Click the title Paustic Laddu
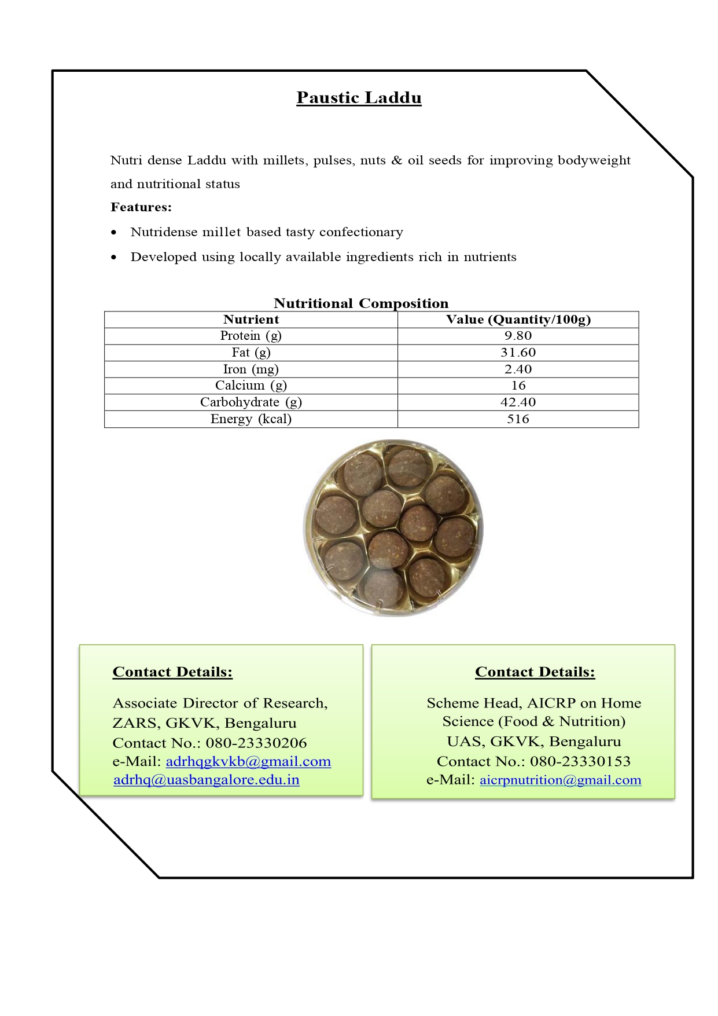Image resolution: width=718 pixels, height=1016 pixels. pos(359,97)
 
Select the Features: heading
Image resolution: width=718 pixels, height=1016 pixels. pos(141,207)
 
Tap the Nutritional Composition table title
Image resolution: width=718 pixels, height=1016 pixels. pos(361,303)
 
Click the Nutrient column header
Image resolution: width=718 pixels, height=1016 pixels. pos(251,320)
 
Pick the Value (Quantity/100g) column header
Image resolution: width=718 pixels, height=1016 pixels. pos(518,320)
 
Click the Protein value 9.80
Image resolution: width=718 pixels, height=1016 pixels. pos(518,336)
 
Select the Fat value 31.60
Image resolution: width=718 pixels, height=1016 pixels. pos(518,353)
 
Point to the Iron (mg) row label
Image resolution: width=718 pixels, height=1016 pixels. pos(251,369)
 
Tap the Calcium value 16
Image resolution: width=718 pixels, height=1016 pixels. pos(518,386)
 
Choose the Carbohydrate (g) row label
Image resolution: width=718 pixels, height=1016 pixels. pos(251,402)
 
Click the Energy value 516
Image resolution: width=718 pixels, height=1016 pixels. pos(518,419)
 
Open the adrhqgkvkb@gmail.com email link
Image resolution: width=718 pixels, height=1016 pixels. pos(248,761)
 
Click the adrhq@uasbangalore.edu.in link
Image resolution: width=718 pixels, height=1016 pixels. pos(207,780)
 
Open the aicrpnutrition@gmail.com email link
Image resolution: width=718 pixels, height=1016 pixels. pos(561,780)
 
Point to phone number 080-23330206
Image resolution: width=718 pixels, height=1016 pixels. pos(256,743)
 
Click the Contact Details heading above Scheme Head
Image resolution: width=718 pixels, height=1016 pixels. pos(535,672)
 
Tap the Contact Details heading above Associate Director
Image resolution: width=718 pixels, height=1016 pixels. pos(172,672)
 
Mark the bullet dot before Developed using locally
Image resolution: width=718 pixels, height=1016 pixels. pos(114,257)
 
